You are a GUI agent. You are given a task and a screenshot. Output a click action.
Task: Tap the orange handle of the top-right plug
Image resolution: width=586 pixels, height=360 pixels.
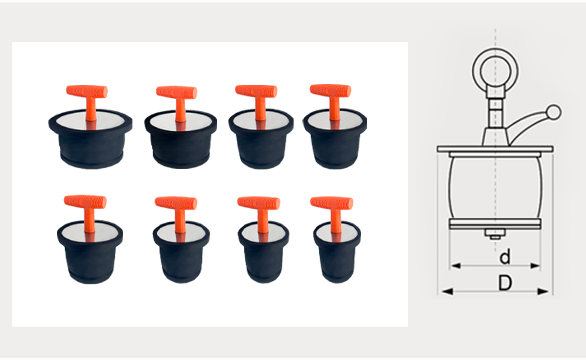coord(331,91)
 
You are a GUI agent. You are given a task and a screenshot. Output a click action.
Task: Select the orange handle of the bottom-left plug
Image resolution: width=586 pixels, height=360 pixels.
coord(86,202)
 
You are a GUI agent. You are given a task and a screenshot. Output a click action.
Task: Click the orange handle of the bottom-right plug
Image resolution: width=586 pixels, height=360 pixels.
coord(332,203)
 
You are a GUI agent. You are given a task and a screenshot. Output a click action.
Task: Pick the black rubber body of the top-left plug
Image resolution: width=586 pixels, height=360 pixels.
coord(90,147)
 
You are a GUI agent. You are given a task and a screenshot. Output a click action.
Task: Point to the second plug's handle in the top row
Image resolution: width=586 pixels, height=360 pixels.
coord(176,92)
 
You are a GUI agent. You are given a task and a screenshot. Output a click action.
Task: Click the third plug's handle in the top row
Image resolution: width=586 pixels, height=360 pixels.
coord(256,91)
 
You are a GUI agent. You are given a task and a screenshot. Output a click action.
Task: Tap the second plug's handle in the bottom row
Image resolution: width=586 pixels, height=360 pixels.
coord(176,203)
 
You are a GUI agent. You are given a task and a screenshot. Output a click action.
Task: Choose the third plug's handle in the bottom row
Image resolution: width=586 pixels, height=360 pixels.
coord(258,203)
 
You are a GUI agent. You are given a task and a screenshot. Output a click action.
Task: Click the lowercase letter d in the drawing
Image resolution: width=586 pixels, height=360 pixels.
coord(505,257)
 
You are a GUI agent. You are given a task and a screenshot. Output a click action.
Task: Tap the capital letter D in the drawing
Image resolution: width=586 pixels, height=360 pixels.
coord(505,283)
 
